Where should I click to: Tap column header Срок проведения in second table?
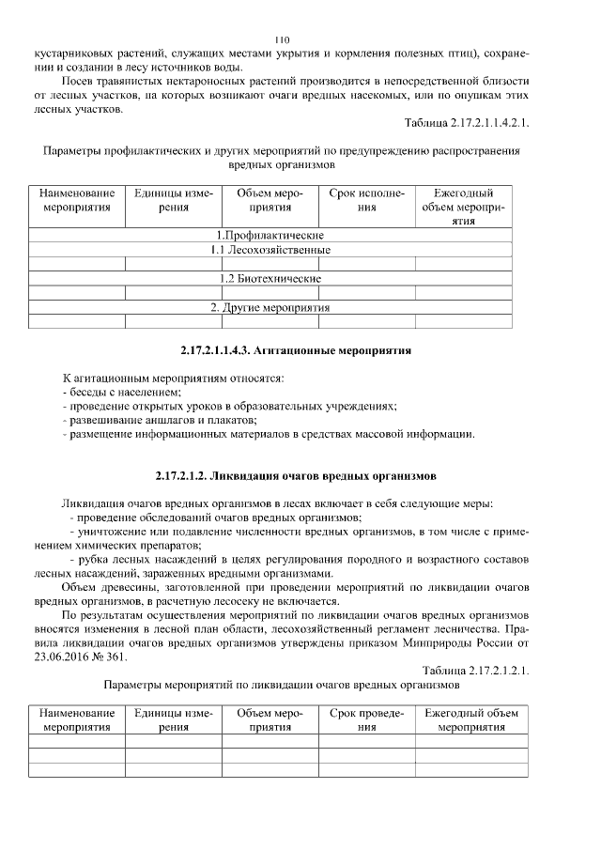(366, 720)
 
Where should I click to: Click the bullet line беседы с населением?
(122, 392)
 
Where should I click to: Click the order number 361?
(116, 657)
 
